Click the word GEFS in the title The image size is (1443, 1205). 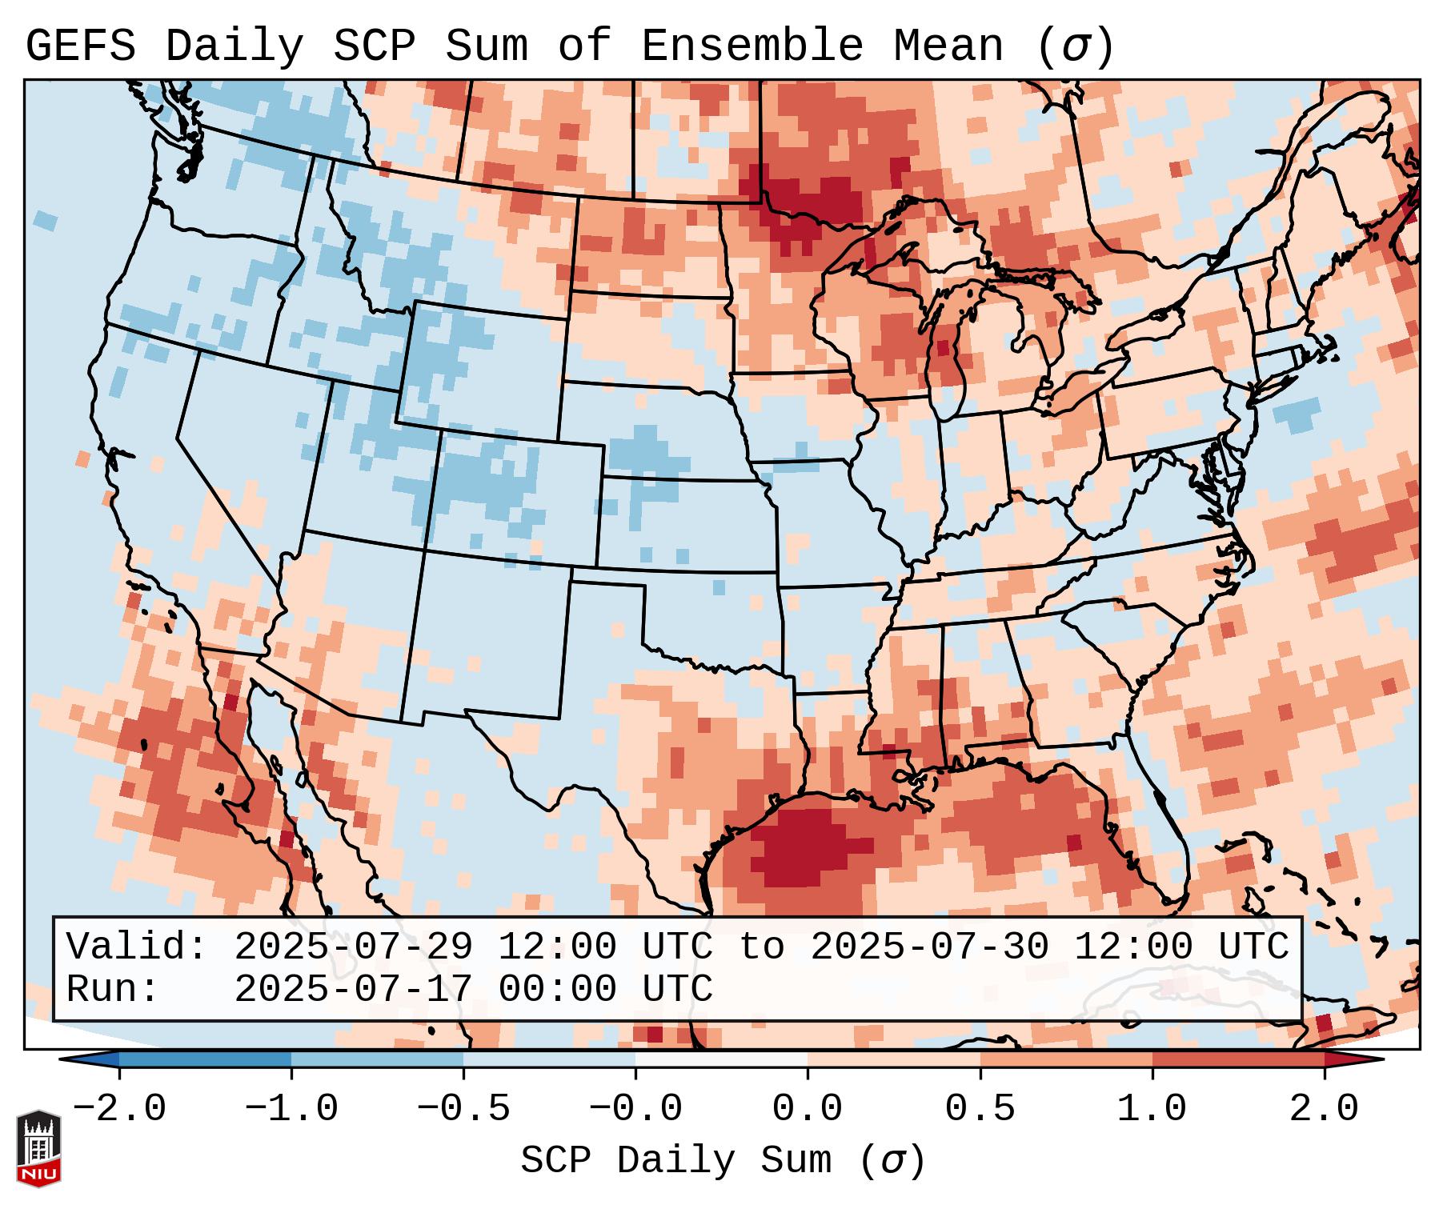click(x=81, y=46)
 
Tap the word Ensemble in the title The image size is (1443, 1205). click(x=752, y=46)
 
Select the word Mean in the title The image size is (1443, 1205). click(x=948, y=46)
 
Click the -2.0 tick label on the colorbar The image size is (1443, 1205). click(x=118, y=1109)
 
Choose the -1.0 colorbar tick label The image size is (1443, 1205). click(x=291, y=1109)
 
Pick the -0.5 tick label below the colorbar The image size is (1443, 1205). click(x=463, y=1109)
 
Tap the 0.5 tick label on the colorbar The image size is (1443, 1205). click(x=980, y=1109)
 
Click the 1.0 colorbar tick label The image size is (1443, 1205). click(x=1152, y=1109)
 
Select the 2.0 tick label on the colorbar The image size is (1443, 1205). click(x=1324, y=1109)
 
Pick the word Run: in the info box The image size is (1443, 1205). click(x=112, y=990)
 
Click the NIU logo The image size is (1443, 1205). click(x=38, y=1149)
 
